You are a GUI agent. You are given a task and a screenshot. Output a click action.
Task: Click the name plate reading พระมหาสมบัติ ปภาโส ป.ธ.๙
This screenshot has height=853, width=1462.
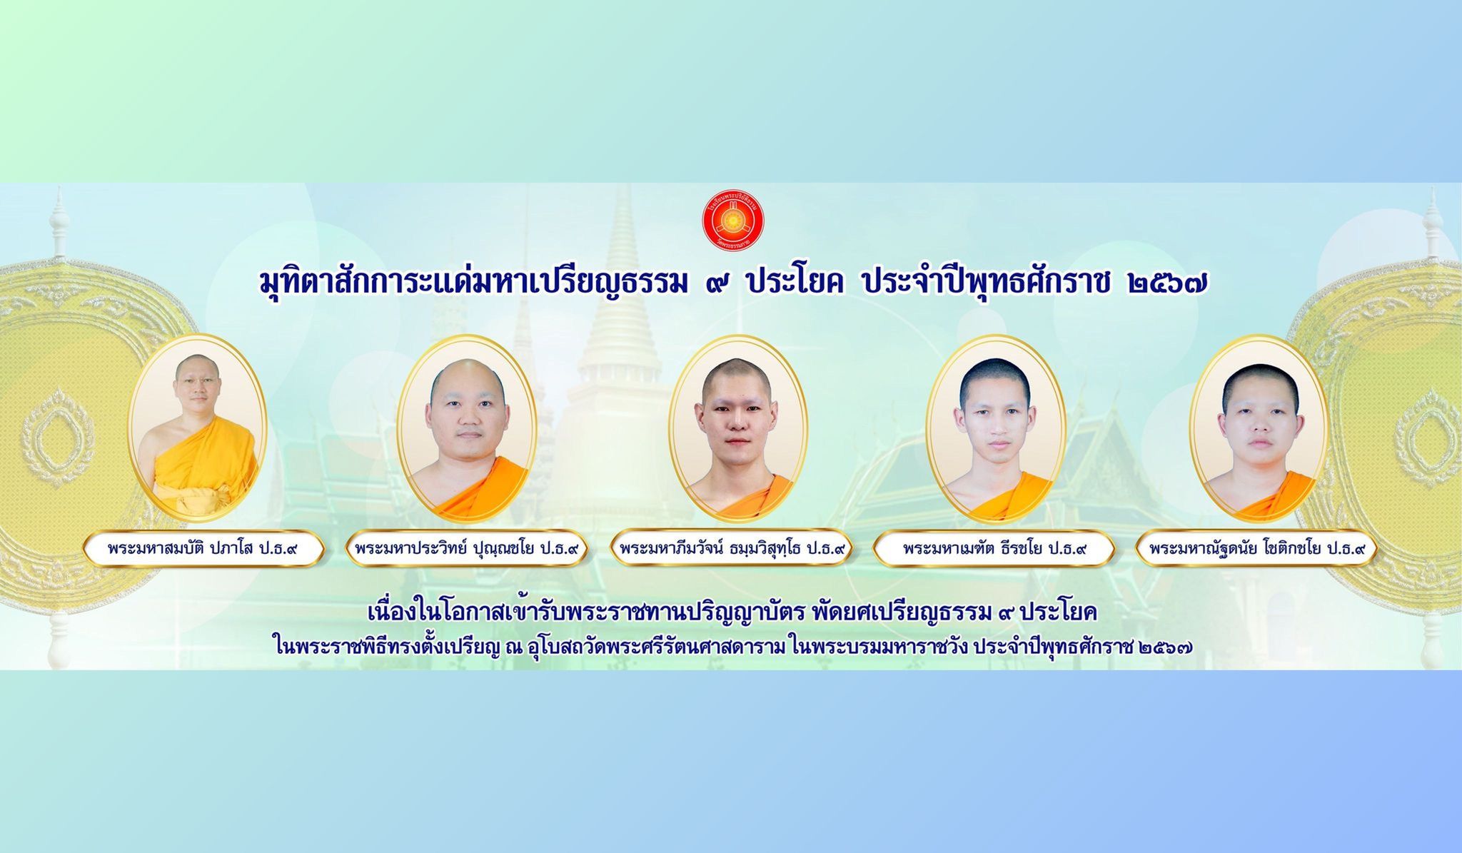click(x=203, y=549)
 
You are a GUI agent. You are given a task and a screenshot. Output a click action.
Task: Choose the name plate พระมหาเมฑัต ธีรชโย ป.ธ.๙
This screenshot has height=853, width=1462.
click(x=994, y=549)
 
